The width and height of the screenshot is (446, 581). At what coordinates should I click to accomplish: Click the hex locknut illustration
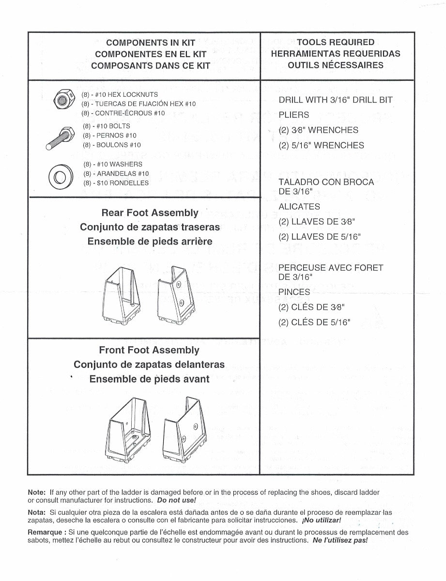(x=62, y=101)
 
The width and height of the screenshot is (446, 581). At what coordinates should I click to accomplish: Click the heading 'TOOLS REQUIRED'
(x=336, y=43)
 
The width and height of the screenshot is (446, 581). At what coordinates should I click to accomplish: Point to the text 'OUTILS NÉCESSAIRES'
(x=336, y=65)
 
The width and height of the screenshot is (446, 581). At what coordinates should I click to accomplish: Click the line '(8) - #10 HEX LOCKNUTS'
(x=120, y=95)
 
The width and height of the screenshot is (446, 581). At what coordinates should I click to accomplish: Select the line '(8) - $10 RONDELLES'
(x=115, y=183)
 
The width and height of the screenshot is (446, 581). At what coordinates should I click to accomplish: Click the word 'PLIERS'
(x=293, y=115)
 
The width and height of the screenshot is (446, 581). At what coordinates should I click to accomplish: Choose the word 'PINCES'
(x=294, y=292)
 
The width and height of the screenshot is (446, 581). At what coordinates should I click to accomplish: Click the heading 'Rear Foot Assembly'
(x=150, y=213)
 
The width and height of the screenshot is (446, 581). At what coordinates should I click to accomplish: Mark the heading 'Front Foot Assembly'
(x=149, y=350)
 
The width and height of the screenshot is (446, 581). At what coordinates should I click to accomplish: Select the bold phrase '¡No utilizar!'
(x=321, y=520)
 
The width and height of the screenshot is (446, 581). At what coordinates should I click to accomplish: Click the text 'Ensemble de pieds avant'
(x=149, y=379)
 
